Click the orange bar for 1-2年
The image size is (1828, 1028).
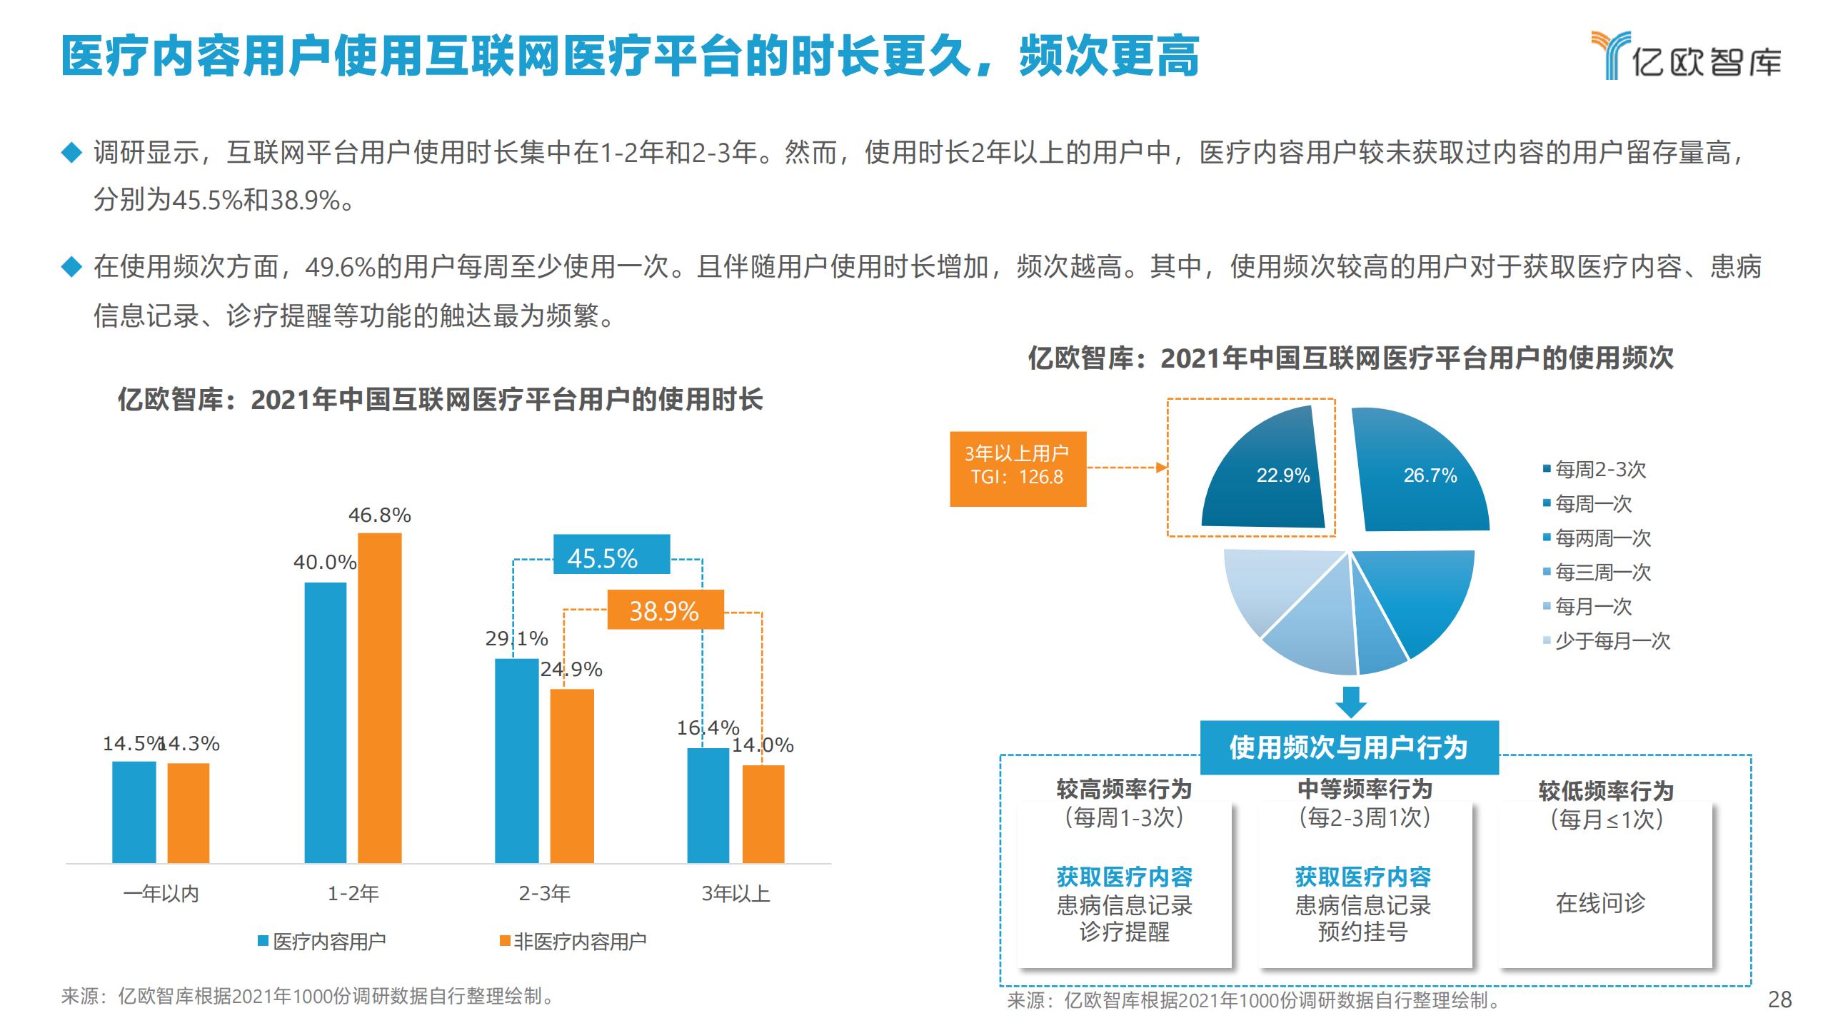click(x=379, y=698)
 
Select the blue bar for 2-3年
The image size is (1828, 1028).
click(x=516, y=760)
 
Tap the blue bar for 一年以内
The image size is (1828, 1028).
click(x=134, y=812)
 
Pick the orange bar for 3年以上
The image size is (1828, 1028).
click(x=763, y=814)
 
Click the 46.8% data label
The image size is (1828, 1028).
click(x=379, y=515)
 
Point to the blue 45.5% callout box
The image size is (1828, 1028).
click(x=612, y=555)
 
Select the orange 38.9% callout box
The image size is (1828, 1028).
click(x=665, y=610)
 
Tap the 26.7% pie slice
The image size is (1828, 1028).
click(x=1421, y=475)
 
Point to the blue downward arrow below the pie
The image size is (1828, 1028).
click(x=1350, y=702)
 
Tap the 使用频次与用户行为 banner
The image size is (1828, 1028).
click(x=1348, y=747)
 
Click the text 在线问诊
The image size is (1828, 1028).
click(x=1600, y=903)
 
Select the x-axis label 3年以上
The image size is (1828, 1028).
click(x=735, y=894)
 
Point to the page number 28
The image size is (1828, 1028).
click(x=1779, y=999)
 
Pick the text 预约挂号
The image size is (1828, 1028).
click(x=1362, y=932)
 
